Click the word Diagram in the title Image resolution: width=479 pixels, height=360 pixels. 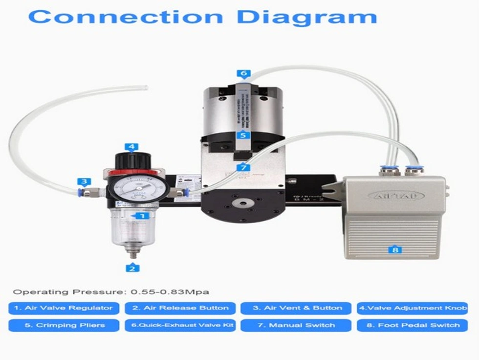click(309, 16)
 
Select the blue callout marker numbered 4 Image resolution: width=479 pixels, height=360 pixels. click(131, 146)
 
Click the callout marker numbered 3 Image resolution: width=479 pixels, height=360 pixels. click(85, 181)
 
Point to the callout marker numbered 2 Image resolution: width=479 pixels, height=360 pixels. click(131, 268)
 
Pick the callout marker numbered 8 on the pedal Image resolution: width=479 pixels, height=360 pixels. click(395, 249)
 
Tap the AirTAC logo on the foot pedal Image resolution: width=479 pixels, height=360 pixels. click(395, 195)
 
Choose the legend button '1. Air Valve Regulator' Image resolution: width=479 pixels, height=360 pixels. click(64, 308)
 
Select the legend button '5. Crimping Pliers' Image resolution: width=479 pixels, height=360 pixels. click(64, 325)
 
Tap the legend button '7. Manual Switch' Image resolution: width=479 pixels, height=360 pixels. click(296, 325)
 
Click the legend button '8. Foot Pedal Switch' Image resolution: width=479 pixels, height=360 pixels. click(412, 325)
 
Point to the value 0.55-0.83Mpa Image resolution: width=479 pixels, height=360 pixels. click(170, 292)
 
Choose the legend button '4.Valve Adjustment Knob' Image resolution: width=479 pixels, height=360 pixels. click(412, 308)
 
